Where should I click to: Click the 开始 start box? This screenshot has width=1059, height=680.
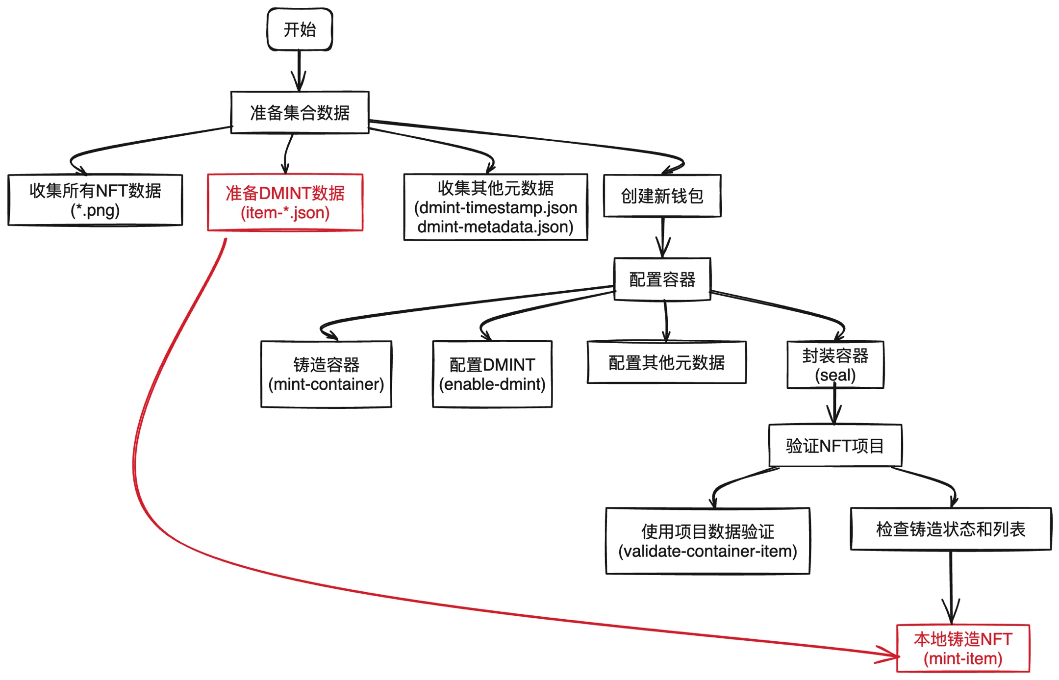300,29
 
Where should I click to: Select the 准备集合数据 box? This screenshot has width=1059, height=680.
300,112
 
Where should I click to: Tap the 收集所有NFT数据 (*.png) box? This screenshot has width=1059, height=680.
95,200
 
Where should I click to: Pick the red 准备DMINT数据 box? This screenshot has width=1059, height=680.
285,202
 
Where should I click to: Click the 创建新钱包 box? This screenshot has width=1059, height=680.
662,196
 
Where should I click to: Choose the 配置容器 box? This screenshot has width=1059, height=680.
662,279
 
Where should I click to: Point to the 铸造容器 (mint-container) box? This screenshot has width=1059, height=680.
326,374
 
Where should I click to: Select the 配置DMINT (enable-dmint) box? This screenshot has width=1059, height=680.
492,374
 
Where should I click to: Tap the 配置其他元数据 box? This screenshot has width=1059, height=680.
666,362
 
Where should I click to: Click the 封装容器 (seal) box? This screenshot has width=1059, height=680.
835,365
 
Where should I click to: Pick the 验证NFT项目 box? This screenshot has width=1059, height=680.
835,445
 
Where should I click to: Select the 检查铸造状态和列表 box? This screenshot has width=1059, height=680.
950,529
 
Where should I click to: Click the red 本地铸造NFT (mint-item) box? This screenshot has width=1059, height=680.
962,648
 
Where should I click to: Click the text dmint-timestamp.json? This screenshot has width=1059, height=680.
496,208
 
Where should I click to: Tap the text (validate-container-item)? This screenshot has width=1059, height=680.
707,551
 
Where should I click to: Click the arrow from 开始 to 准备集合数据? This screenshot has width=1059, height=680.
299,71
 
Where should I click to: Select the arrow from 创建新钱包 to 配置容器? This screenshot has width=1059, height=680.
663,237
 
